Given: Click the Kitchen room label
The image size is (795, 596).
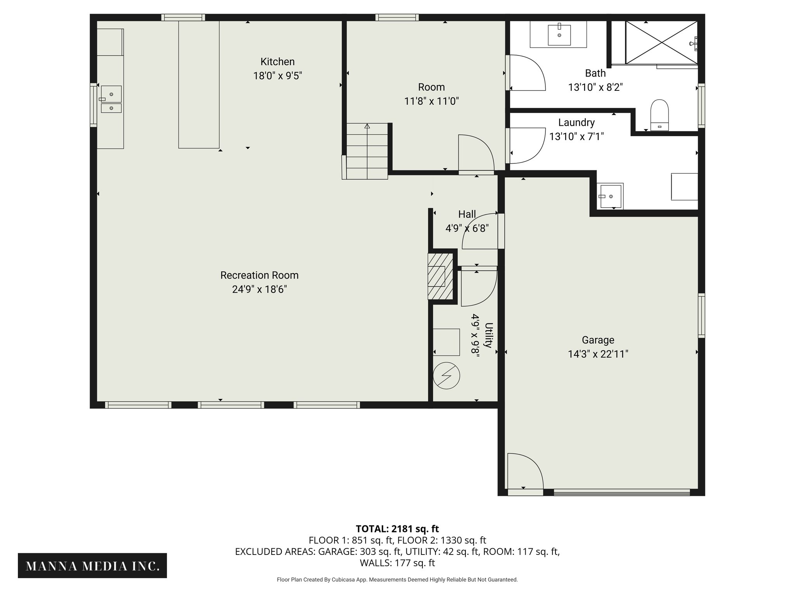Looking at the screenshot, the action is pyautogui.click(x=278, y=62).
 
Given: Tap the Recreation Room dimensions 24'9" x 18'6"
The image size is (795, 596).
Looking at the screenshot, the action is pyautogui.click(x=259, y=289).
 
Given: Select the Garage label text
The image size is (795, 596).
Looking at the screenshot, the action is pyautogui.click(x=598, y=340).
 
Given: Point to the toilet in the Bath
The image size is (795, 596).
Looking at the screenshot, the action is pyautogui.click(x=660, y=115).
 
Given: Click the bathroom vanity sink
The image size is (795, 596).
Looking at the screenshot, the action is pyautogui.click(x=559, y=35).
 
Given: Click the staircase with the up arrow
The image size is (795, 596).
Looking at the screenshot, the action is pyautogui.click(x=367, y=151).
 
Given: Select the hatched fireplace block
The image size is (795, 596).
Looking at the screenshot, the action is pyautogui.click(x=440, y=276).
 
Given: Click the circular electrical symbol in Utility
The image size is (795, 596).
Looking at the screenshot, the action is pyautogui.click(x=446, y=376).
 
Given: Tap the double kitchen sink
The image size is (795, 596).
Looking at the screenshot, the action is pyautogui.click(x=111, y=99).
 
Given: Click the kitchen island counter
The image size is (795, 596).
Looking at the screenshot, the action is pyautogui.click(x=199, y=85).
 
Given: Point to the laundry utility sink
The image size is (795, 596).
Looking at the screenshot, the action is pyautogui.click(x=610, y=196).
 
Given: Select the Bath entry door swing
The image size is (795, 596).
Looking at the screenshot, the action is pyautogui.click(x=528, y=73).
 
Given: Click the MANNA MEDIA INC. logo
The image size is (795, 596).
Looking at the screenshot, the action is pyautogui.click(x=92, y=566).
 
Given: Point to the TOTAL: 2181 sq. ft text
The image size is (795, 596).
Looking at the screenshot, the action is pyautogui.click(x=397, y=528).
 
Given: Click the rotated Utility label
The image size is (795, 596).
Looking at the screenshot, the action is pyautogui.click(x=489, y=335).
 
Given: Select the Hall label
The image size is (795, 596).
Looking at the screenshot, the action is pyautogui.click(x=467, y=214).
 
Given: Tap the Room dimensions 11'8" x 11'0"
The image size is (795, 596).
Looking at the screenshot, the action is pyautogui.click(x=431, y=101).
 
